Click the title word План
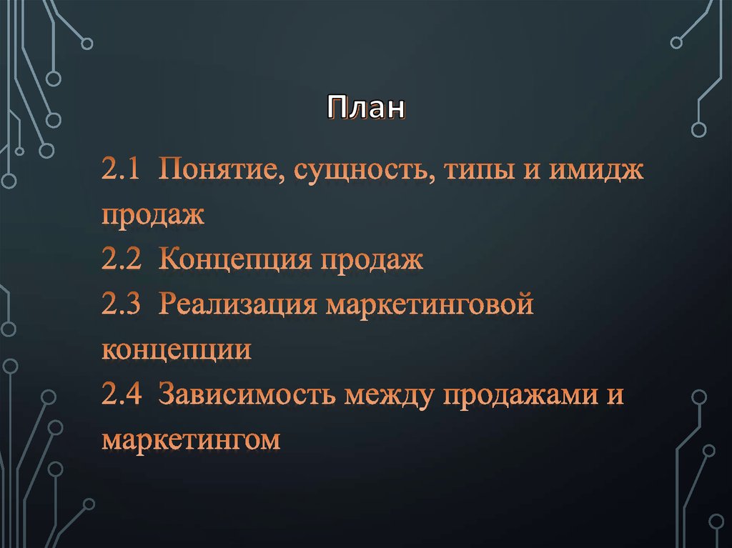[366, 109]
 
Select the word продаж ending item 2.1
[153, 216]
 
